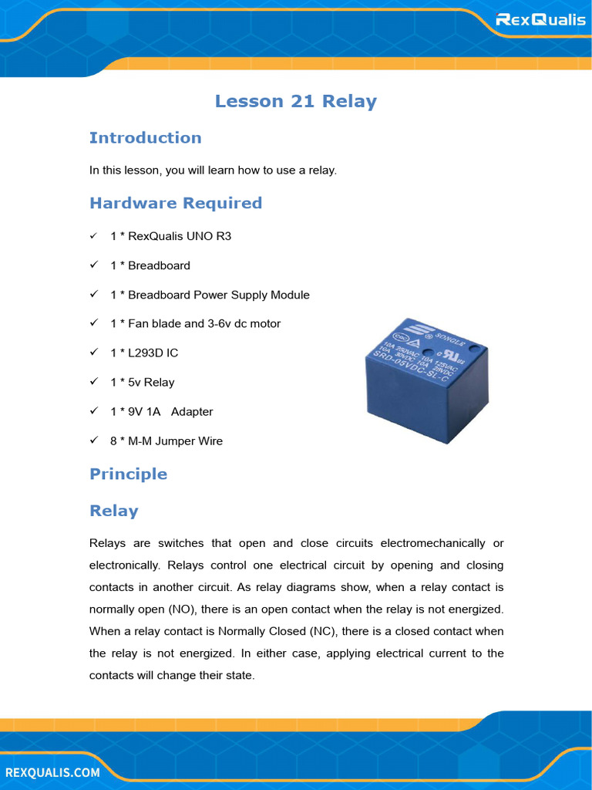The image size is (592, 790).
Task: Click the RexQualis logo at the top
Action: tap(540, 19)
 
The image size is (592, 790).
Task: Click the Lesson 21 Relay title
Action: tap(295, 101)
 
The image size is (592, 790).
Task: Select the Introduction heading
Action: tap(145, 138)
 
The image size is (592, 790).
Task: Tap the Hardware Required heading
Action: tap(176, 203)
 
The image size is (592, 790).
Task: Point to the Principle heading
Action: tap(128, 474)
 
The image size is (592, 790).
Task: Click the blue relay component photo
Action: tap(425, 380)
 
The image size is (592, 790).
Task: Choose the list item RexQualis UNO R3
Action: tap(170, 236)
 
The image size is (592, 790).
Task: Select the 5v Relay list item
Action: tap(142, 383)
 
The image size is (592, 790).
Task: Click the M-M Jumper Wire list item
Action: tap(166, 441)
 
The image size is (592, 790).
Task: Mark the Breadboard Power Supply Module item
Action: tap(210, 295)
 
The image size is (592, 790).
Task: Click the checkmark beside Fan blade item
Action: tap(93, 323)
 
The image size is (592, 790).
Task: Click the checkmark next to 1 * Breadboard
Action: tap(93, 265)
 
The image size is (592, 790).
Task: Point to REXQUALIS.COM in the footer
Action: tap(52, 772)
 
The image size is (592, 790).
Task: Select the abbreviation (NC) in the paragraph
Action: tap(322, 631)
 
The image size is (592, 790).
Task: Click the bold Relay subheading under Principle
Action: tap(114, 511)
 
